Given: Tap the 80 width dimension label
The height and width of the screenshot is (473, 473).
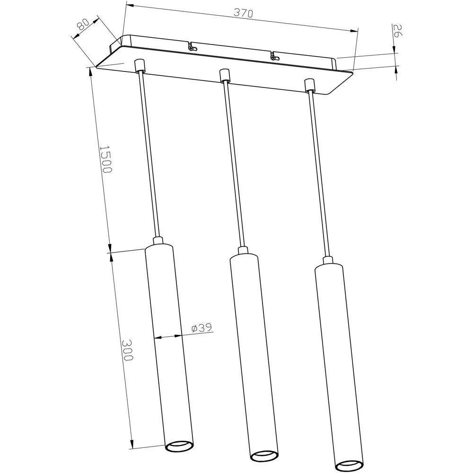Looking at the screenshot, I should pyautogui.click(x=84, y=25).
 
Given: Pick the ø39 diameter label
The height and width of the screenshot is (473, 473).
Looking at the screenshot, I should pyautogui.click(x=201, y=327).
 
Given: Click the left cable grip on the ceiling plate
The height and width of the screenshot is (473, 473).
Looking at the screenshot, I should pyautogui.click(x=139, y=66).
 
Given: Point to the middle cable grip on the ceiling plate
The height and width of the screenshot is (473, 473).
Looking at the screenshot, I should pyautogui.click(x=224, y=75).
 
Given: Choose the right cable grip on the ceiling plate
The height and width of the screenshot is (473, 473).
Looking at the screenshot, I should pyautogui.click(x=309, y=85).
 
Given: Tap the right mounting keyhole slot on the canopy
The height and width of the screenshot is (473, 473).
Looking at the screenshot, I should pyautogui.click(x=274, y=56).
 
